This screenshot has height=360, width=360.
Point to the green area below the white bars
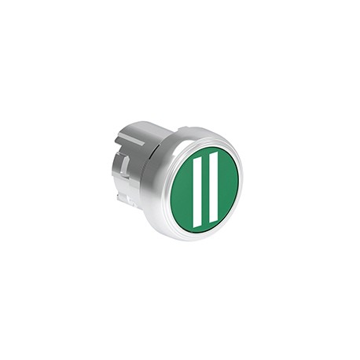[x=204, y=227]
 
